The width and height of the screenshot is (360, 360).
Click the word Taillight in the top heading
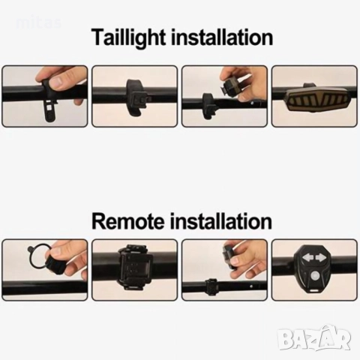tap(128, 37)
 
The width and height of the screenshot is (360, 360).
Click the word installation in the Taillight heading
tap(221, 37)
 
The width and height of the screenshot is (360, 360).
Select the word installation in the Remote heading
tap(220, 221)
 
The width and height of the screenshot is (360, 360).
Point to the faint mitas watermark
tap(39, 23)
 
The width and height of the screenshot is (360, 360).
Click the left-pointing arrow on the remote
tap(307, 257)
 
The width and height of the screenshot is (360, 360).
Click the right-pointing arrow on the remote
tap(321, 258)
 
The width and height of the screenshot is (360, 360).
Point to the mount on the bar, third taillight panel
tap(209, 106)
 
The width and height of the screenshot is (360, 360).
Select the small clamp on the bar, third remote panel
tap(212, 286)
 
